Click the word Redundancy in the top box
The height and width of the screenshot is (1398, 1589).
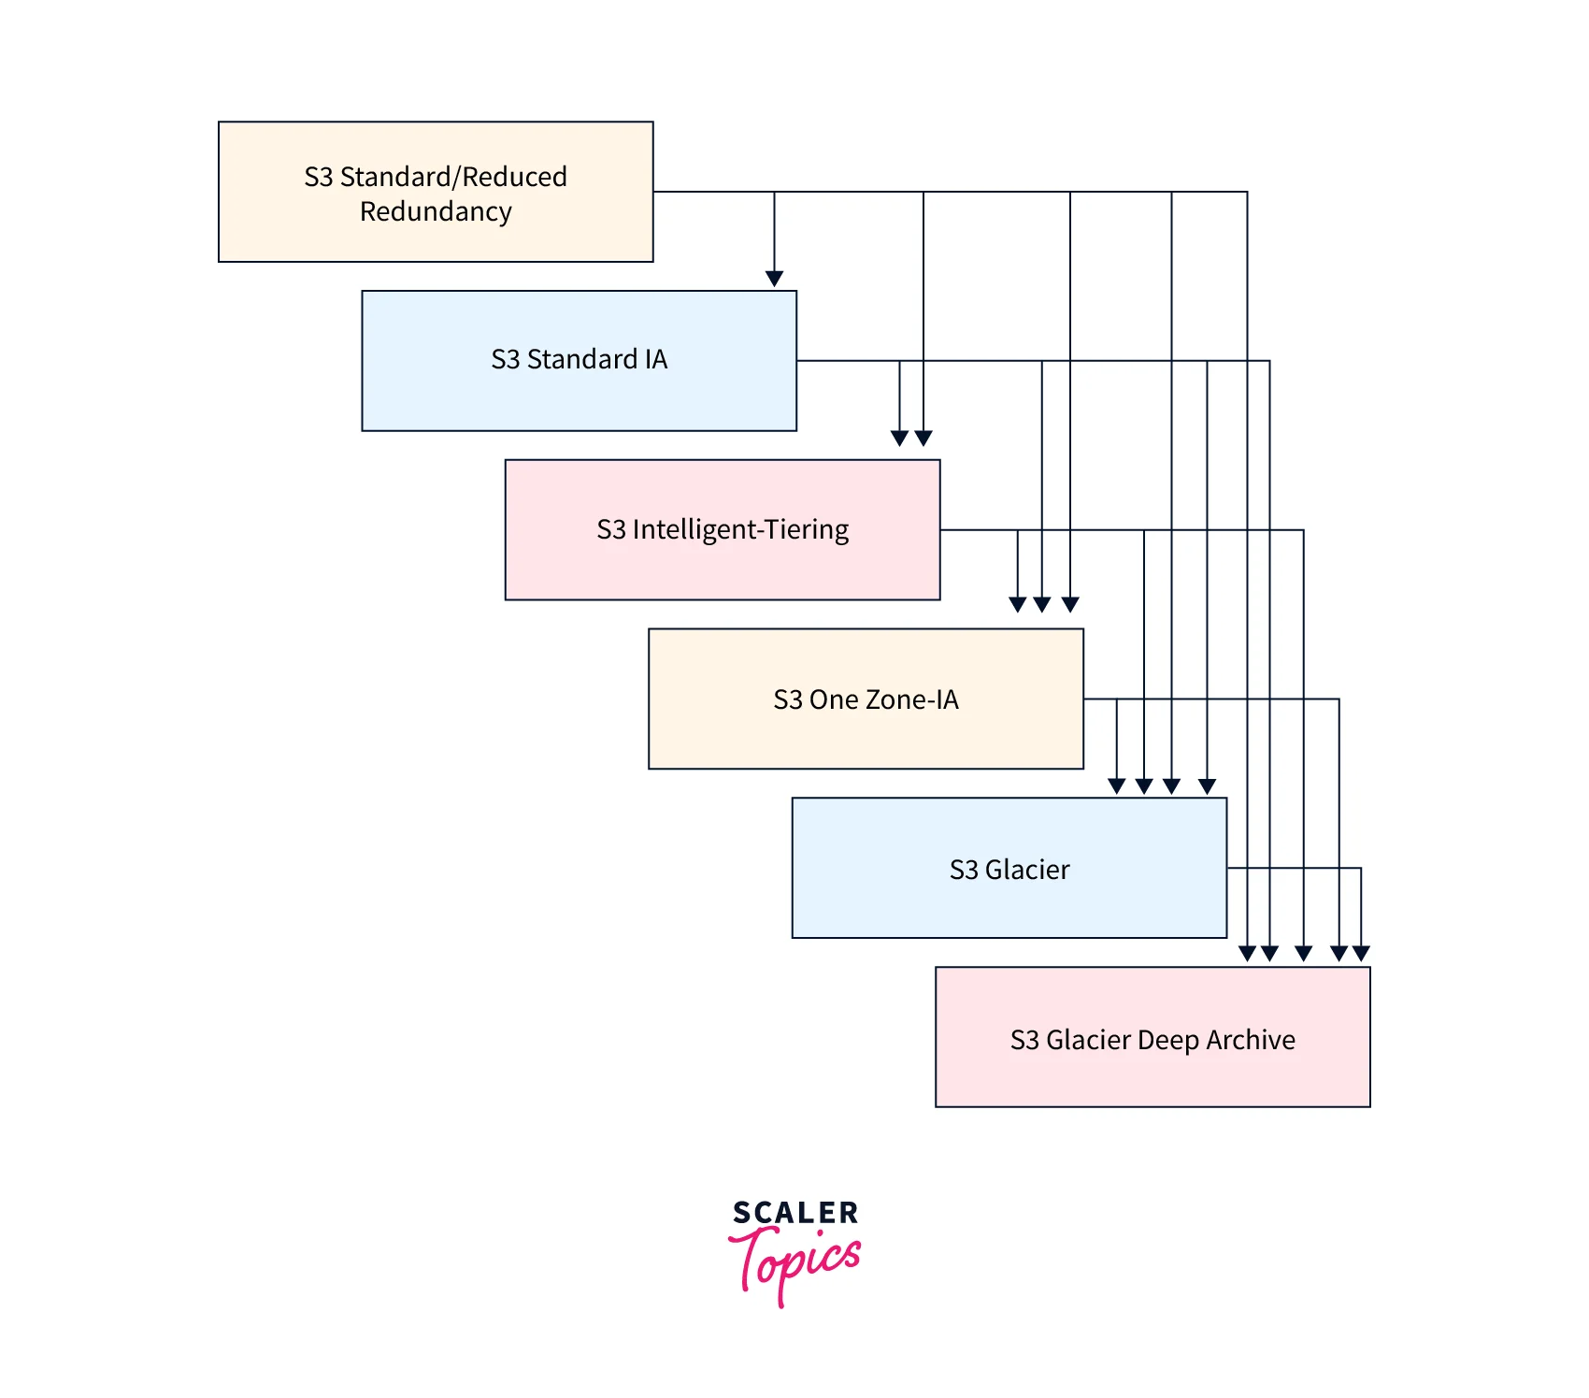[436, 212]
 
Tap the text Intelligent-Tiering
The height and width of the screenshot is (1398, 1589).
[740, 530]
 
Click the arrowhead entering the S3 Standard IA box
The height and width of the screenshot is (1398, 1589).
[774, 279]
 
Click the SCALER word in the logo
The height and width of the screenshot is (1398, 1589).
[795, 1213]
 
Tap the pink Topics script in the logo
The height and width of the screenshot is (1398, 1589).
[795, 1262]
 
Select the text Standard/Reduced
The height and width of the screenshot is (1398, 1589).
[453, 177]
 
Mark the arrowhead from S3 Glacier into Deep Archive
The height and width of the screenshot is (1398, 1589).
[1361, 953]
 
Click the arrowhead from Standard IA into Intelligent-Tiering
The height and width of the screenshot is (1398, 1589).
[899, 438]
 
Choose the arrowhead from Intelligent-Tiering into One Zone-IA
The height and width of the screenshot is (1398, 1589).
[1018, 604]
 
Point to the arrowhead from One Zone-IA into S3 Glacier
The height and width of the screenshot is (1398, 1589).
[1116, 785]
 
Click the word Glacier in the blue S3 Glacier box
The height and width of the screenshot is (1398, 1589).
[1027, 870]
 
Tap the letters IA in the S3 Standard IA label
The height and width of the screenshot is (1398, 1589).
[655, 359]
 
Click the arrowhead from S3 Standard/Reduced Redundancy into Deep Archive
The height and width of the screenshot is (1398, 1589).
[1247, 953]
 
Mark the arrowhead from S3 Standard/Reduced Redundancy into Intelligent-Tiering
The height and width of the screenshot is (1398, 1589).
[923, 438]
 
